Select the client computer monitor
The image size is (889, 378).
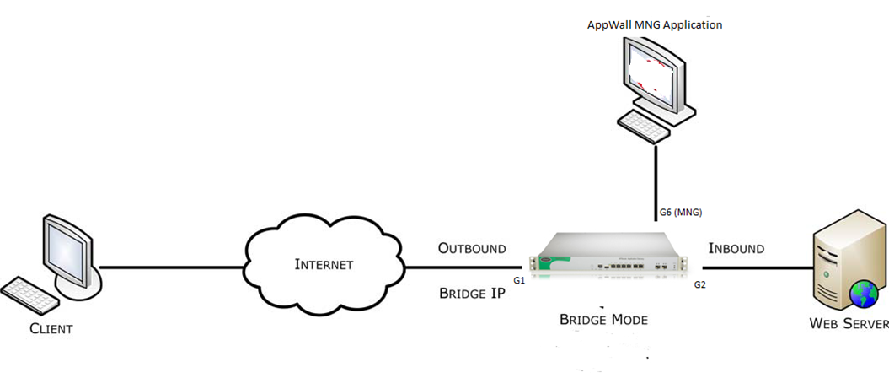pos(67,251)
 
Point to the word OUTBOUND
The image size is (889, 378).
pos(472,249)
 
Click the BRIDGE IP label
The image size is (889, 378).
pos(473,294)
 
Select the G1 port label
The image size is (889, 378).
pos(518,278)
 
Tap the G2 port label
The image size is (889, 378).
pos(699,285)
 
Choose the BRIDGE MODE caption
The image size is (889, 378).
pos(605,321)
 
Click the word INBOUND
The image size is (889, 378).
pos(736,249)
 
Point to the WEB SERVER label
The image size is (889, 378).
pos(848,324)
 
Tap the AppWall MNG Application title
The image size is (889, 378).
pos(655,24)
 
